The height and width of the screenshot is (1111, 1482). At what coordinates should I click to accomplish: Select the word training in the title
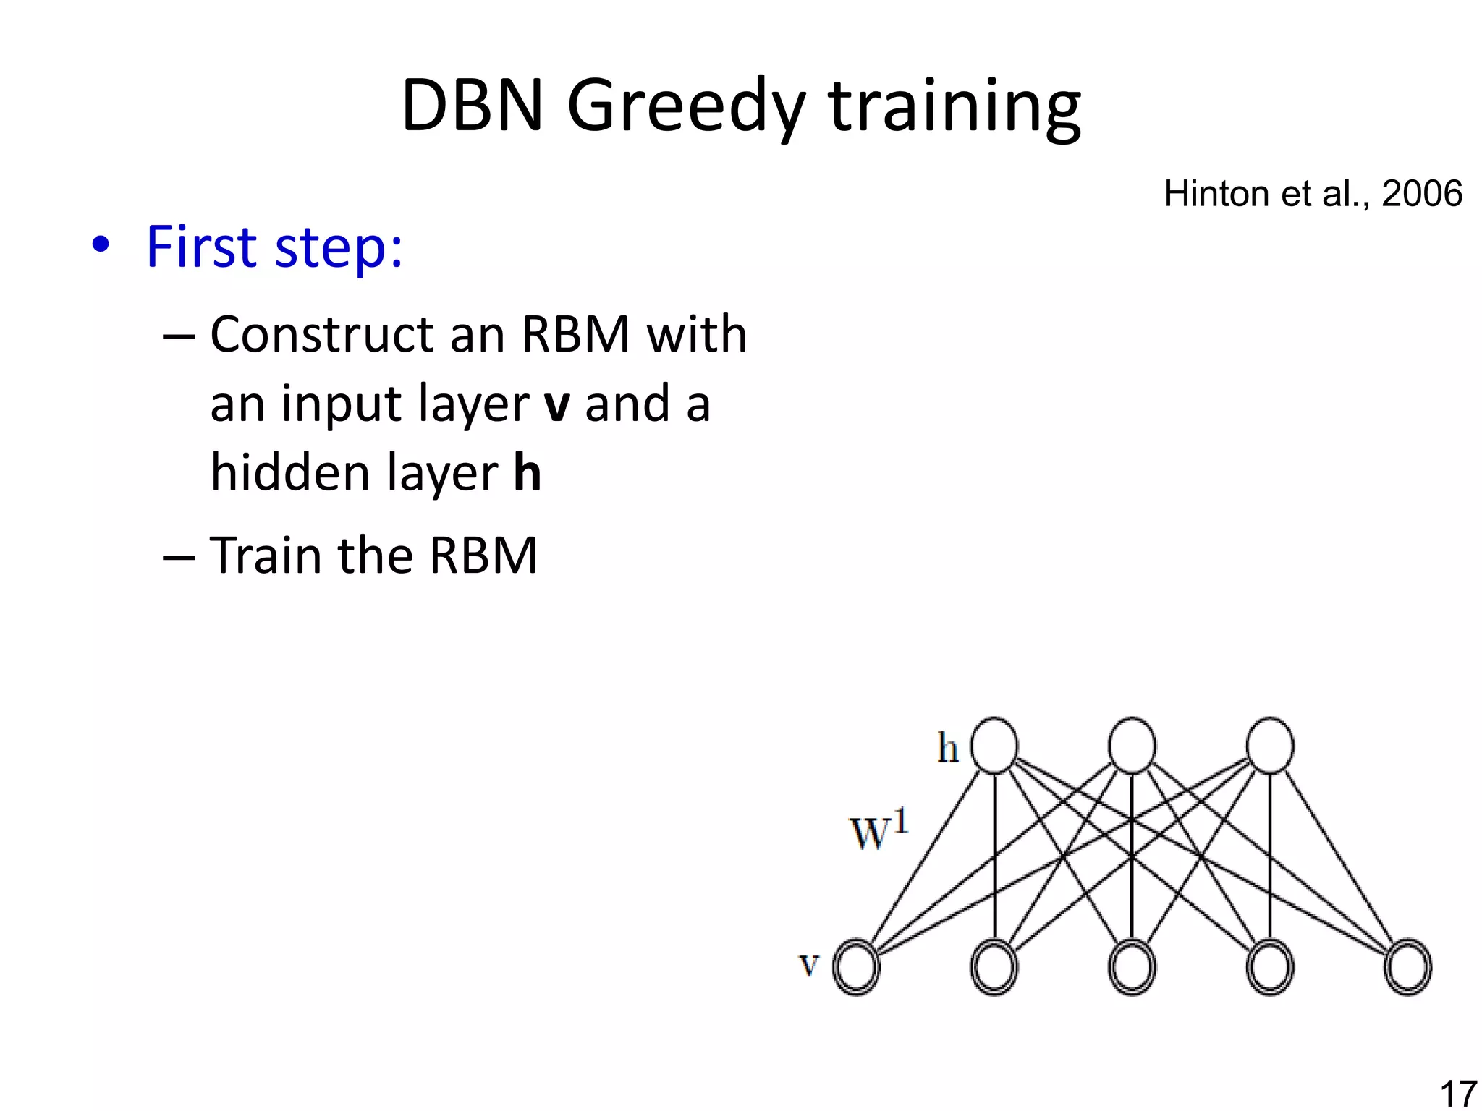954,107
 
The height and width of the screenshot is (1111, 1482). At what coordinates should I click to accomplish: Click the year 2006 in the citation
1421,194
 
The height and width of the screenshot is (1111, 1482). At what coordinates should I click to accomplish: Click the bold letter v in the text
557,405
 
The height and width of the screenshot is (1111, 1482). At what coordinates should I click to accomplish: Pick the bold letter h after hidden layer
527,472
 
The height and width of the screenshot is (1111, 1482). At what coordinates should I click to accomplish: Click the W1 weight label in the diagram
878,832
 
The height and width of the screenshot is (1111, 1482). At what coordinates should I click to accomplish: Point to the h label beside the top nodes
947,748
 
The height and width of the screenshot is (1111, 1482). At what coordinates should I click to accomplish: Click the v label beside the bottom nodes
809,965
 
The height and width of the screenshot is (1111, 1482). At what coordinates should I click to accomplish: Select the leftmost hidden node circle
994,746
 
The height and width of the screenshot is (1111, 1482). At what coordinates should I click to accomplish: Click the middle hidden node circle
1132,746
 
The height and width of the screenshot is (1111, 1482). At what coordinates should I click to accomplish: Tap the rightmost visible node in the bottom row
1407,967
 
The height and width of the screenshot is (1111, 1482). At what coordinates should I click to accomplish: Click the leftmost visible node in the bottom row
856,967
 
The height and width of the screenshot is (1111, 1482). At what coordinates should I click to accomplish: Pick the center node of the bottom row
1132,967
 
